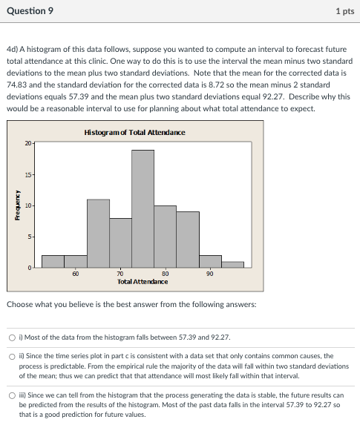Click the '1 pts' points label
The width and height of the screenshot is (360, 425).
344,11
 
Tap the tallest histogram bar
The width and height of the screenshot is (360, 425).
143,208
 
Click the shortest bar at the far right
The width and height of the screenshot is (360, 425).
232,264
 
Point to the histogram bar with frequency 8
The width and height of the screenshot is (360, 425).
120,242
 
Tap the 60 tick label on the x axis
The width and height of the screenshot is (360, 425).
76,274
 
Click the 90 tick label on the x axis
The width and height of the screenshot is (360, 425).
210,274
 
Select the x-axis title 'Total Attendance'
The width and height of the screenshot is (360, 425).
143,282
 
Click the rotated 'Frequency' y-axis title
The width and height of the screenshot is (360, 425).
13,205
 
